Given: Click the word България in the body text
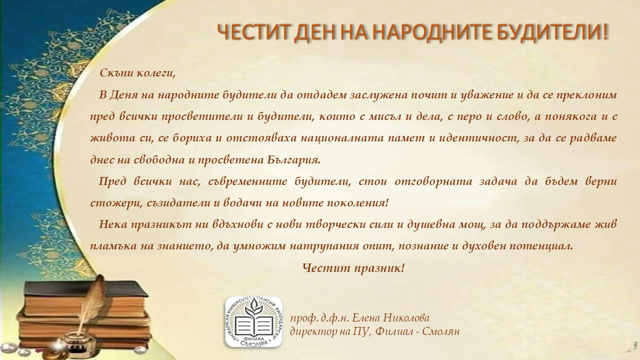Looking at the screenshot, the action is click(294, 159).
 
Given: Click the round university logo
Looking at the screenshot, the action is click(253, 322).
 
